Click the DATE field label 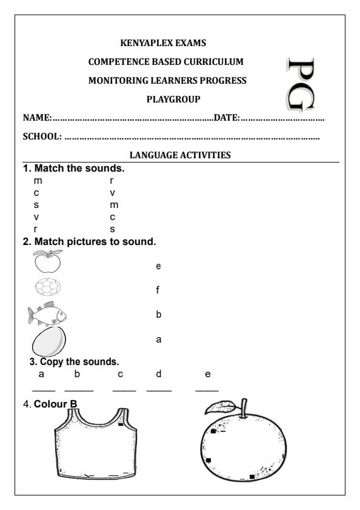(227, 118)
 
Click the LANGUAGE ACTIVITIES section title (180, 156)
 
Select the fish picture (47, 314)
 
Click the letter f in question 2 (158, 290)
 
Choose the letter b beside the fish (158, 315)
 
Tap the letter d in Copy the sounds (158, 375)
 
